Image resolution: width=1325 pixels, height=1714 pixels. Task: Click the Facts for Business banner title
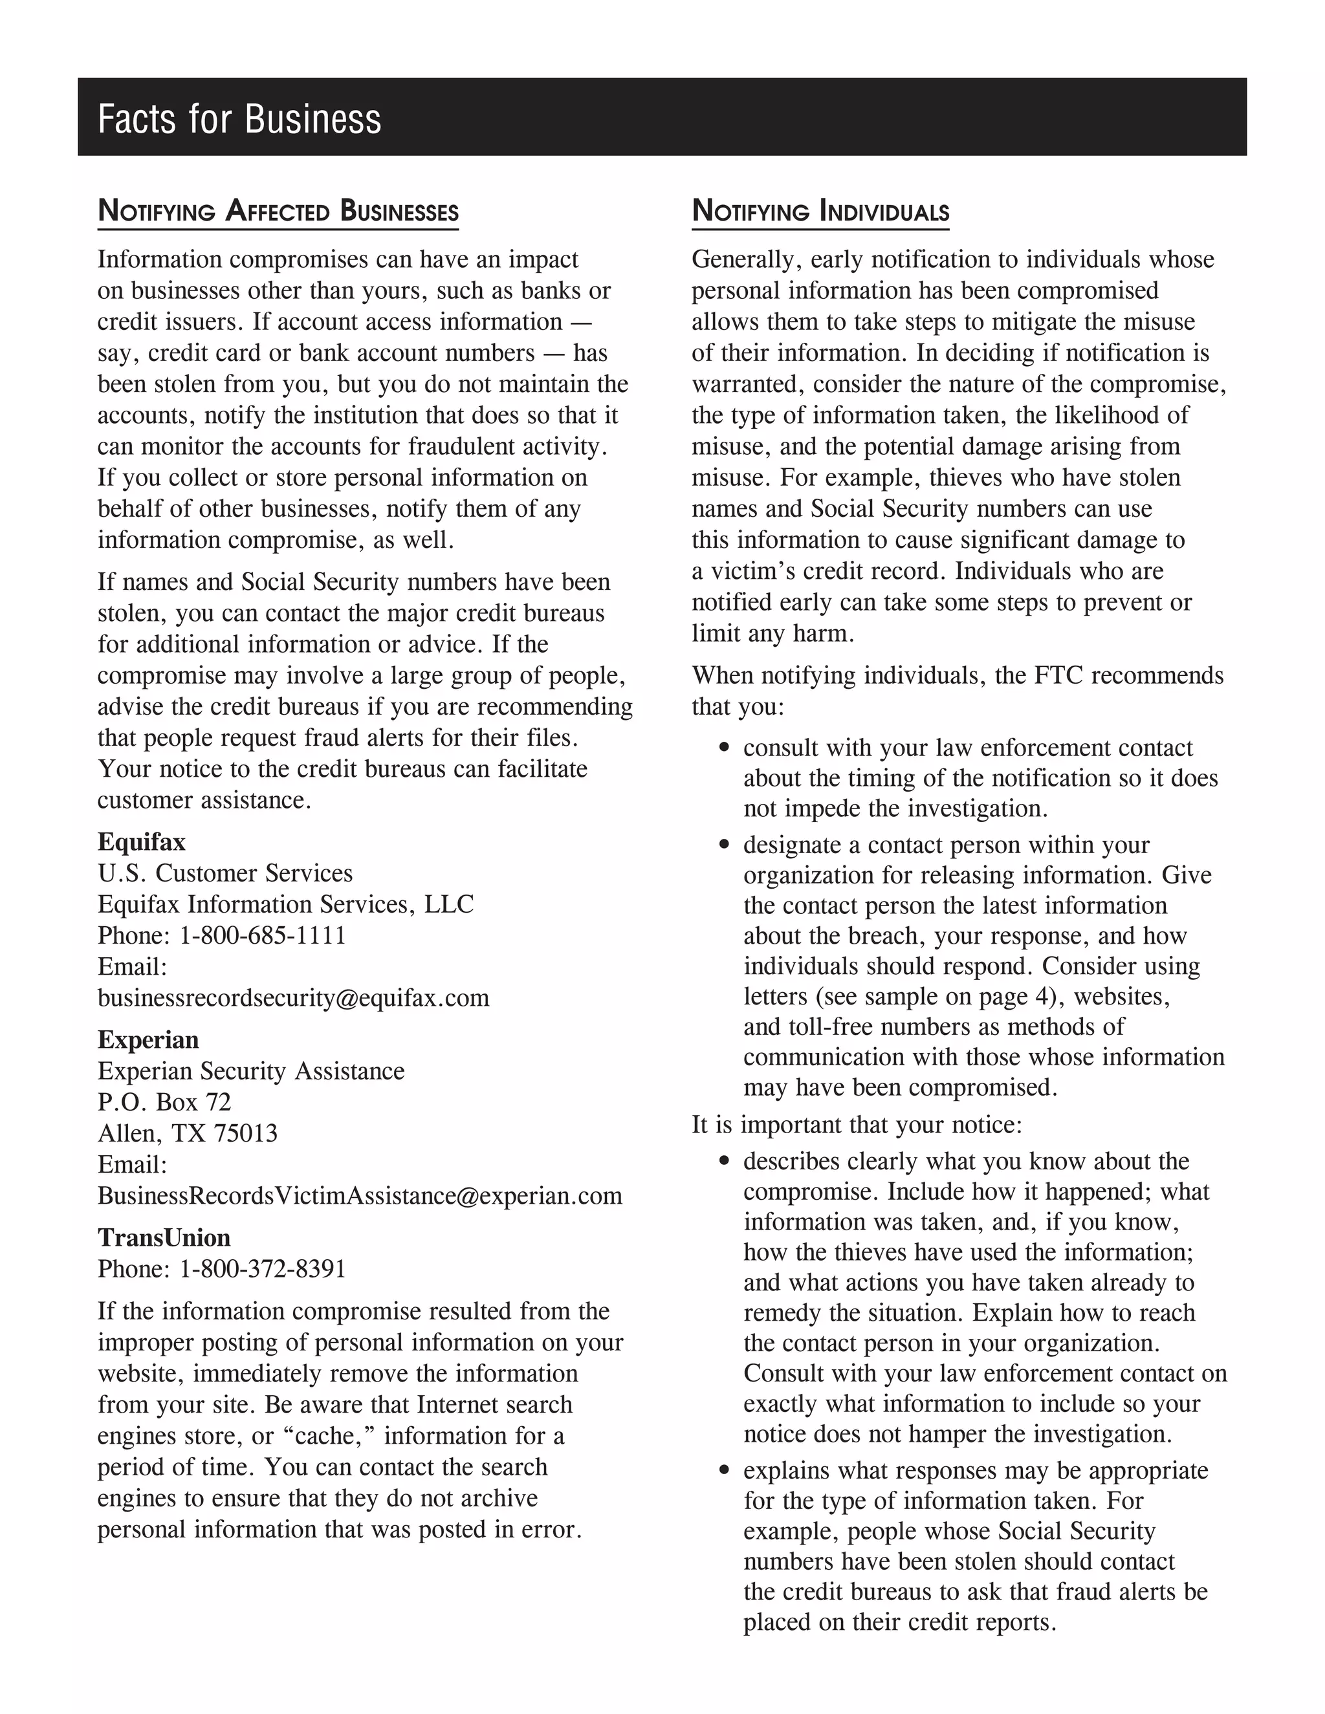click(239, 119)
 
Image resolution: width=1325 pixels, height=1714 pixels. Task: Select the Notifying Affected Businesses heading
click(278, 212)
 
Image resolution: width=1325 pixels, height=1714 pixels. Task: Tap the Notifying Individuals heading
click(820, 212)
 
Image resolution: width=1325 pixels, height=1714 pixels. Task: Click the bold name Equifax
click(141, 842)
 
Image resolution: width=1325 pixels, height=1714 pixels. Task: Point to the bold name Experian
click(148, 1040)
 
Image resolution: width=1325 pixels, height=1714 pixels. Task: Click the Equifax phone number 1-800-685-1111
click(262, 935)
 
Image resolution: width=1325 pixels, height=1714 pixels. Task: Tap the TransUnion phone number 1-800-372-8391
click(262, 1269)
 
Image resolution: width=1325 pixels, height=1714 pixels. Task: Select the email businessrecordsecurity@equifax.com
click(293, 998)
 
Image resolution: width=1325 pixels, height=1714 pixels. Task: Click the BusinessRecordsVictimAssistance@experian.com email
click(360, 1196)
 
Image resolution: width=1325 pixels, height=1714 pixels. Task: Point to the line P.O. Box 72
click(164, 1103)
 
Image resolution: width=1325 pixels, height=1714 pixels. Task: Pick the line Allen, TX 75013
click(187, 1134)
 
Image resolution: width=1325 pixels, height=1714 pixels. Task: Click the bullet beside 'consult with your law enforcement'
click(725, 748)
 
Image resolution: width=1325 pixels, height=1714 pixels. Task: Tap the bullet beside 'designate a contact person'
click(725, 845)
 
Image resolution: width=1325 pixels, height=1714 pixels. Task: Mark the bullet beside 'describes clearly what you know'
click(725, 1162)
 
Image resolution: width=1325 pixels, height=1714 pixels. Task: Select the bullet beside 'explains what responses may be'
click(725, 1471)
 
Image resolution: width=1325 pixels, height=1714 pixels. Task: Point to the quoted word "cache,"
click(328, 1436)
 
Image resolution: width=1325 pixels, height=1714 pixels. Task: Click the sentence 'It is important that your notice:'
click(857, 1125)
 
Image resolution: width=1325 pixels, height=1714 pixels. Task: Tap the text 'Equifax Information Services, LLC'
click(286, 905)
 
